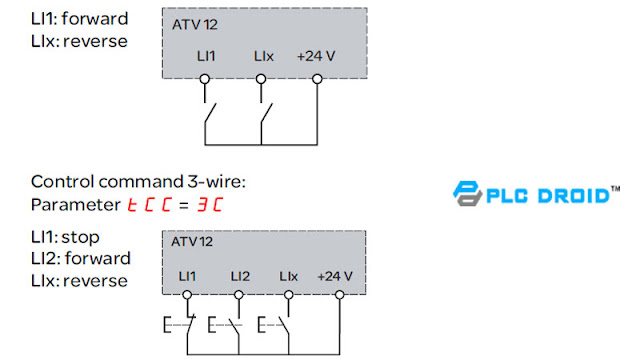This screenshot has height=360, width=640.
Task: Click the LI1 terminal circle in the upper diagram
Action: [x=205, y=77]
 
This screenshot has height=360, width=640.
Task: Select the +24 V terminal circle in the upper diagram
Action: [x=316, y=77]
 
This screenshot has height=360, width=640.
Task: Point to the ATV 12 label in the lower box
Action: [x=192, y=241]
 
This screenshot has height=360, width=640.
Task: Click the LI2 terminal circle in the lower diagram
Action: [x=239, y=295]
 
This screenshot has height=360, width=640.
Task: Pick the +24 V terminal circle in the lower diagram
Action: [x=340, y=295]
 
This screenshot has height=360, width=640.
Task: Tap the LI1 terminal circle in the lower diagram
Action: [x=188, y=295]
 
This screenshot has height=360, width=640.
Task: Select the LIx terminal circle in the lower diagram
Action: [x=289, y=295]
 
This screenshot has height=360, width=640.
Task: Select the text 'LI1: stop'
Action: [x=66, y=238]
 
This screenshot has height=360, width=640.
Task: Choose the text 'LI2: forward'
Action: [x=81, y=259]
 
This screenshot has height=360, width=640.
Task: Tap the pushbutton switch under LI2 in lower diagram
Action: [x=228, y=326]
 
